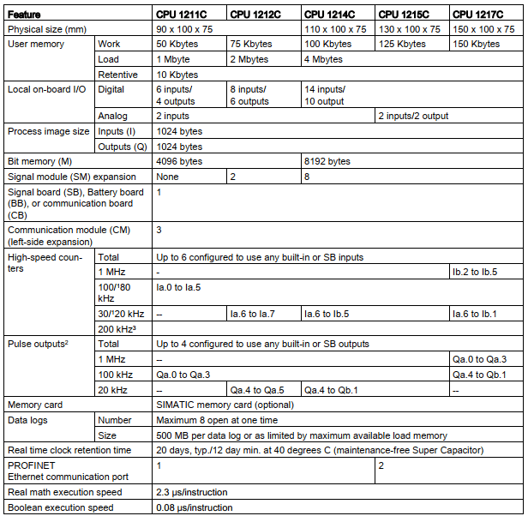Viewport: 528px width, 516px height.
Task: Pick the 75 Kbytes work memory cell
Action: pos(252,45)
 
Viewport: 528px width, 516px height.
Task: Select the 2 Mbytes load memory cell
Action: pos(250,60)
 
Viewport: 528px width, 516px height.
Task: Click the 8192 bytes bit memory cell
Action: pos(327,161)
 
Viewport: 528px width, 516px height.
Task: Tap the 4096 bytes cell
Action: pos(179,161)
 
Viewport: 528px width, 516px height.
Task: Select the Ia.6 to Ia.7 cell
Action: pos(255,314)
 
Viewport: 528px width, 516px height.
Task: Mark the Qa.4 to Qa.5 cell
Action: pos(257,389)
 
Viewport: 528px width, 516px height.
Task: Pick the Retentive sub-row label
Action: pos(118,75)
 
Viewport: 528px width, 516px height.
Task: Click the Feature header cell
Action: pos(26,14)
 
